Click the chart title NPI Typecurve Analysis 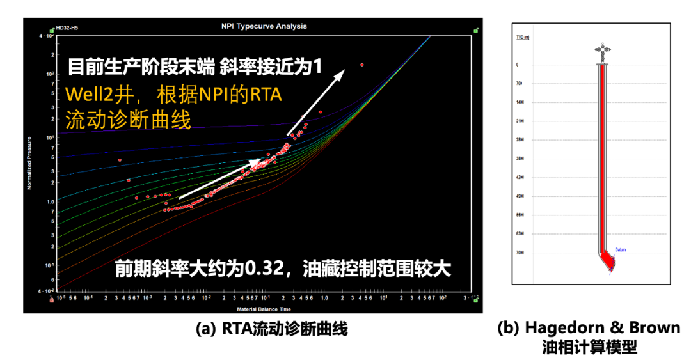pyautogui.click(x=264, y=26)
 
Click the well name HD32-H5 pyautogui.click(x=67, y=28)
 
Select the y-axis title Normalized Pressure pyautogui.click(x=29, y=162)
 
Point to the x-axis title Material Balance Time pyautogui.click(x=263, y=309)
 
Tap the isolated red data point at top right pyautogui.click(x=362, y=65)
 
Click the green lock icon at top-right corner pyautogui.click(x=475, y=29)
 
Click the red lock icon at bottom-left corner pyautogui.click(x=51, y=300)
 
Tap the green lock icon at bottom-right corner pyautogui.click(x=475, y=299)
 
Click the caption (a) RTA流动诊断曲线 pyautogui.click(x=271, y=329)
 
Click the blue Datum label pyautogui.click(x=620, y=249)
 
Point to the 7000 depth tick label pyautogui.click(x=520, y=253)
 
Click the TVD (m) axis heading pyautogui.click(x=523, y=38)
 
